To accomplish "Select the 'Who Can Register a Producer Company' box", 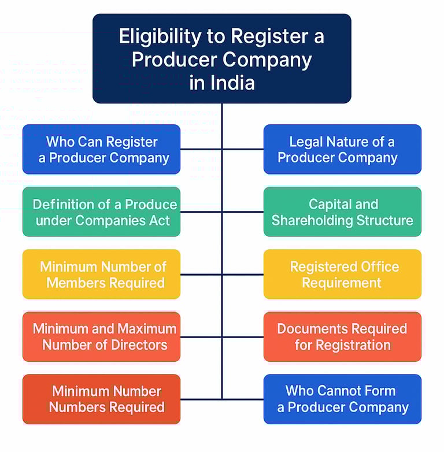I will [101, 149].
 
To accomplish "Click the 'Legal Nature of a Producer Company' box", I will [342, 149].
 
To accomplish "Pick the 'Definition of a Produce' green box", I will [101, 212].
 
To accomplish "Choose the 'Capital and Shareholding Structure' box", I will [342, 212].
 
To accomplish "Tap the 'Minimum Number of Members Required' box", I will [101, 274].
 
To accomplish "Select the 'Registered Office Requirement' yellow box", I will [342, 274].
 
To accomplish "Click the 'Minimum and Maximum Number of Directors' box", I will [101, 336].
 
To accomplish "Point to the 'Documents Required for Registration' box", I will [342, 336].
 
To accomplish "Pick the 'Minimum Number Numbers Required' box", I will [101, 399].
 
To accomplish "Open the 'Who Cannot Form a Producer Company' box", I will [342, 399].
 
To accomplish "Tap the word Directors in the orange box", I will [139, 345].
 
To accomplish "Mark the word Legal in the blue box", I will [306, 142].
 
